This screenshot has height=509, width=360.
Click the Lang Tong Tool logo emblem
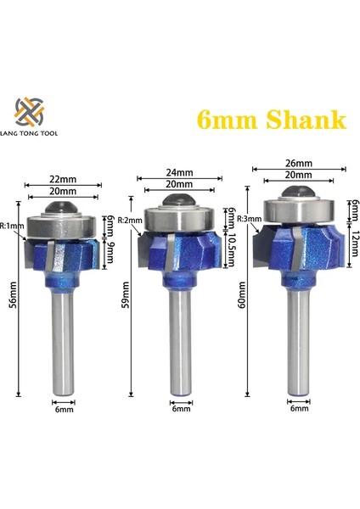coord(29,112)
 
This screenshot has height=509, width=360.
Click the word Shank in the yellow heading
coord(306,119)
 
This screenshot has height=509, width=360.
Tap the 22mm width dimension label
coord(63,179)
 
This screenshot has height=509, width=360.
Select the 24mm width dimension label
coord(179,172)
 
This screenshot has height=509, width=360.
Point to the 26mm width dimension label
coord(299,163)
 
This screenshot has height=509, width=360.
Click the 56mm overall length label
coord(13,299)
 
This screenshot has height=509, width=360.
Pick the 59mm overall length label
coord(126,294)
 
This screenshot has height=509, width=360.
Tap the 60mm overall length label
coord(242,294)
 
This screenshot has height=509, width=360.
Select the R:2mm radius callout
coord(130,220)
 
